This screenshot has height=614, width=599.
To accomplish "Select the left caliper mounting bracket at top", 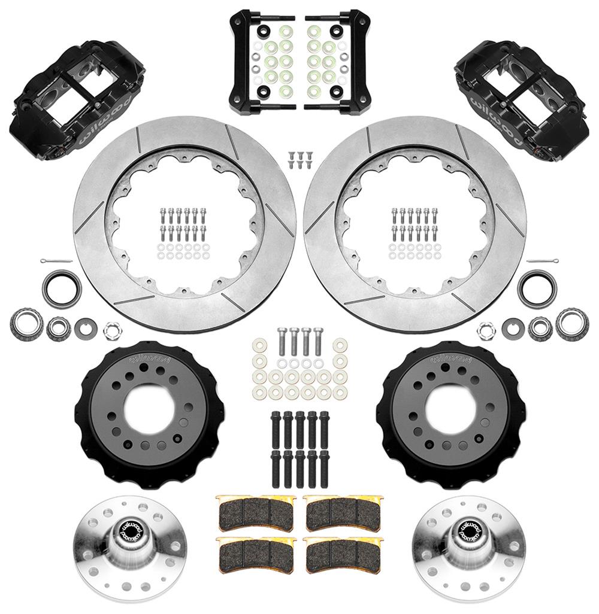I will pyautogui.click(x=259, y=60).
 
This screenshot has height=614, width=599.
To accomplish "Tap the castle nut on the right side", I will pyautogui.click(x=486, y=329).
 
